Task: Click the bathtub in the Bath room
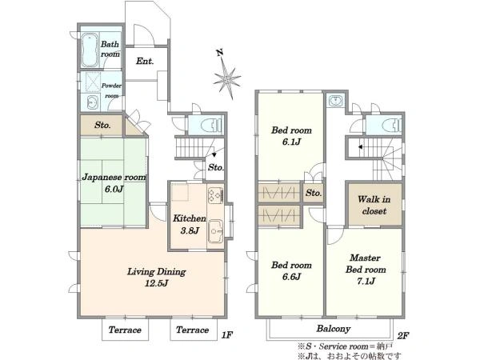coord(90,50)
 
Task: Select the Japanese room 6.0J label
coord(114,183)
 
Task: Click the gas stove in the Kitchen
coord(215,195)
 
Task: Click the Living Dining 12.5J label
coord(157,277)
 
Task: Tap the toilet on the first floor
coord(211,126)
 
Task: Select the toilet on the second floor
coord(392,126)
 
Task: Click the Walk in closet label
coord(374,205)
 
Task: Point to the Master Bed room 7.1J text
coord(366,270)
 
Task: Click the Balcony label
coord(334,329)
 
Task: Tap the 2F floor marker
coord(403,336)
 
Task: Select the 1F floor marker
coord(227,335)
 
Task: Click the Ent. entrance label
coord(145,62)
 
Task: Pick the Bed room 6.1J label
coord(291,136)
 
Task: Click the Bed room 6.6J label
coord(291,270)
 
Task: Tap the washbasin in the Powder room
coord(92,102)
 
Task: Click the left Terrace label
coord(125,330)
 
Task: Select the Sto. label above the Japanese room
coord(102,125)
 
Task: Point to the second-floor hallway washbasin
coord(336,101)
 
